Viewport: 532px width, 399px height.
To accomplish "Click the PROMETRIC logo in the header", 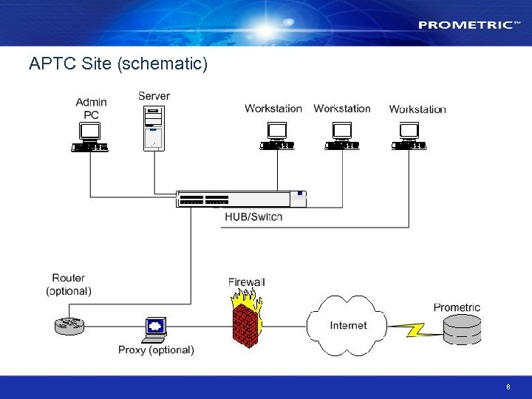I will tap(465, 24).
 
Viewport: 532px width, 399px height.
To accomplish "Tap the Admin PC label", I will tap(91, 109).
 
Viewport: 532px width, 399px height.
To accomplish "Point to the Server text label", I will tap(154, 96).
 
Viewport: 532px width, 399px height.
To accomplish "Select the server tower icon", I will tap(154, 128).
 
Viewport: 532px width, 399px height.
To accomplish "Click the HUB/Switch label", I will tap(253, 216).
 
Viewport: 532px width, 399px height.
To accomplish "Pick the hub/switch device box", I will tap(241, 199).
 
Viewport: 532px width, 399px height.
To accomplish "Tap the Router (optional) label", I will tap(69, 284).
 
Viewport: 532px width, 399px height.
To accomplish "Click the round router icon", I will tap(69, 324).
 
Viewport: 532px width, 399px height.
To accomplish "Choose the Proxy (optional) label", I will tap(156, 349).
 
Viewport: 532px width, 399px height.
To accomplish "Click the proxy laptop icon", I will tap(154, 329).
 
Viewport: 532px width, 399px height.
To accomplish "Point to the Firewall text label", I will tap(246, 282).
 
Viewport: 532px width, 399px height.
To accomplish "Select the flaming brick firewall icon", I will tap(246, 318).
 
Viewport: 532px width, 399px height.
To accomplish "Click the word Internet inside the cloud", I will tap(347, 325).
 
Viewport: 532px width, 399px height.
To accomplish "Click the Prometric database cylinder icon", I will tap(462, 330).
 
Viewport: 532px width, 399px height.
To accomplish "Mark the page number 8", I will tap(508, 387).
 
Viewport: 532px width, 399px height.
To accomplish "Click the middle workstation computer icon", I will tap(342, 137).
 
